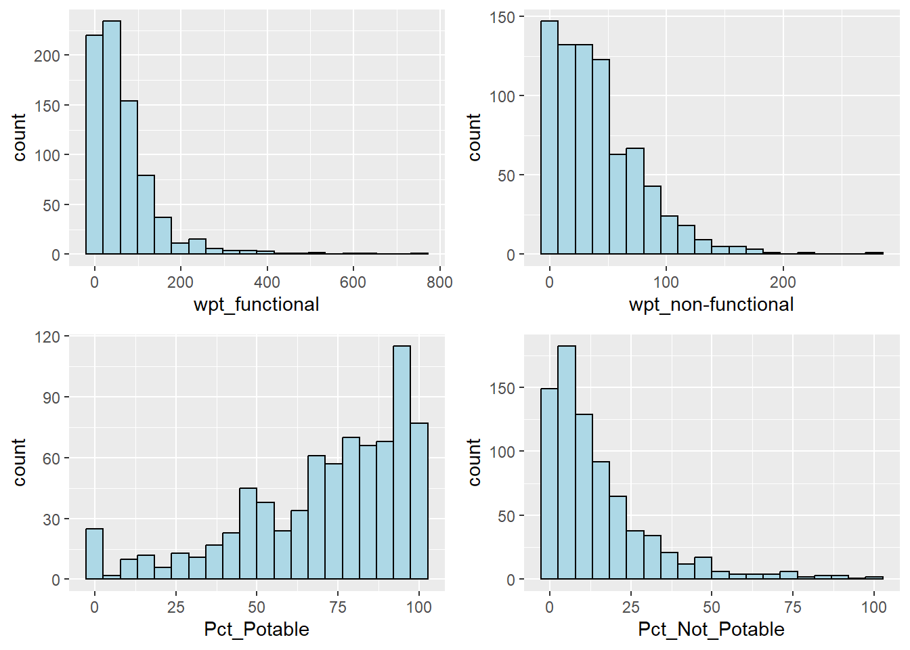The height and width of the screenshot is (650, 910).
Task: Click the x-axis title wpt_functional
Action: pos(256,305)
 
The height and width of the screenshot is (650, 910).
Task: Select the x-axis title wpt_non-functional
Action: pos(711,305)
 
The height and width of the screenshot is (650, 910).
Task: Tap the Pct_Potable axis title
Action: pos(256,629)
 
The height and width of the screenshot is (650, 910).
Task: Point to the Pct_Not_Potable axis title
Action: pos(711,629)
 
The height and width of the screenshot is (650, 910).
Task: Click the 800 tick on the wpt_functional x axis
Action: pos(439,282)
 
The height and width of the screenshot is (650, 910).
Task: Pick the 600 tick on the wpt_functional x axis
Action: pos(353,282)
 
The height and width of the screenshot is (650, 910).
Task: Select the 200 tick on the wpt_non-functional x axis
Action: pos(783,282)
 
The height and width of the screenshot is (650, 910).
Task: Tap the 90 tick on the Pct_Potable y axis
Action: pos(51,397)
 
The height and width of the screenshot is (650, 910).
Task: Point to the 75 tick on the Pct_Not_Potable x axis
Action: pos(792,607)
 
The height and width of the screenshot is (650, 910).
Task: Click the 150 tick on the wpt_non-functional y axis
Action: pos(502,17)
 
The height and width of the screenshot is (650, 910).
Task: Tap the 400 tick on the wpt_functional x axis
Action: pos(267,282)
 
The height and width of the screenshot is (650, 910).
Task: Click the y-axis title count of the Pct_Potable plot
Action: pos(19,462)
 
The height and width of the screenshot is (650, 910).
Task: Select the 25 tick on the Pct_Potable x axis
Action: pos(175,607)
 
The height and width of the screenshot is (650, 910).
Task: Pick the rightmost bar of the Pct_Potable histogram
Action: pos(419,501)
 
